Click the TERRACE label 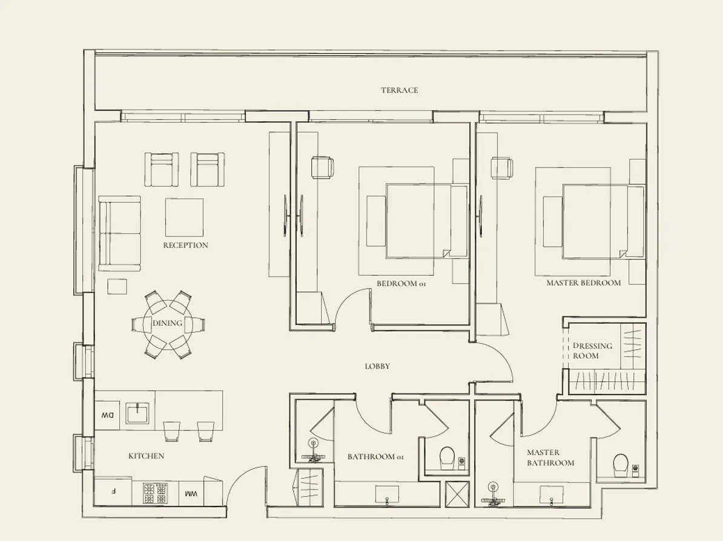point(399,90)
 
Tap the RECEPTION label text point(185,245)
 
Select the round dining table point(168,324)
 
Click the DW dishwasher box point(108,415)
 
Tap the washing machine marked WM point(191,493)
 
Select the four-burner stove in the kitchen point(154,493)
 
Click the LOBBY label point(377,366)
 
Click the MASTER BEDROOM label point(583,283)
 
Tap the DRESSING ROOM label point(592,350)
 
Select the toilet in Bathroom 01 point(447,457)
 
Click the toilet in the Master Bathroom point(621,465)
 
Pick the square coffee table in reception point(184,217)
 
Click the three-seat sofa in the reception point(120,233)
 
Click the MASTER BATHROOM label point(550,457)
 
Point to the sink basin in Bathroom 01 point(387,493)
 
